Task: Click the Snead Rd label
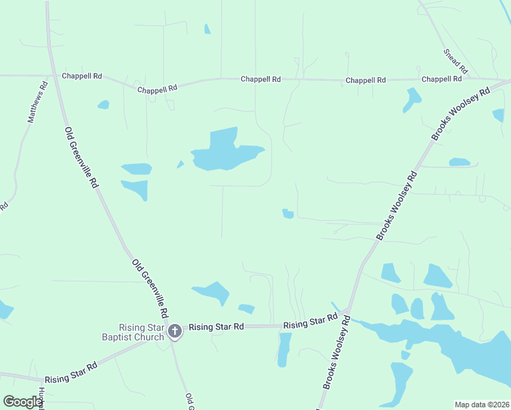coord(455,61)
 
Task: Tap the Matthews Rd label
coord(37,102)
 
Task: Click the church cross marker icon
coord(174,331)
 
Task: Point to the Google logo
coord(23,402)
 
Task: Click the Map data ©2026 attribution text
coord(482,405)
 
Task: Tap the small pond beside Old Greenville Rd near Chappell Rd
coord(103,105)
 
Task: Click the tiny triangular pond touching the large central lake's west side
coord(180,164)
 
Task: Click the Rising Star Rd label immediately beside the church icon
coord(216,327)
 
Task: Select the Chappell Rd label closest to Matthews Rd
coord(82,77)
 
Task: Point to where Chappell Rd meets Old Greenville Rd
coord(53,75)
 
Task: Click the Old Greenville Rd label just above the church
coord(150,288)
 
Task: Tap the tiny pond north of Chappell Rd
coord(207,29)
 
